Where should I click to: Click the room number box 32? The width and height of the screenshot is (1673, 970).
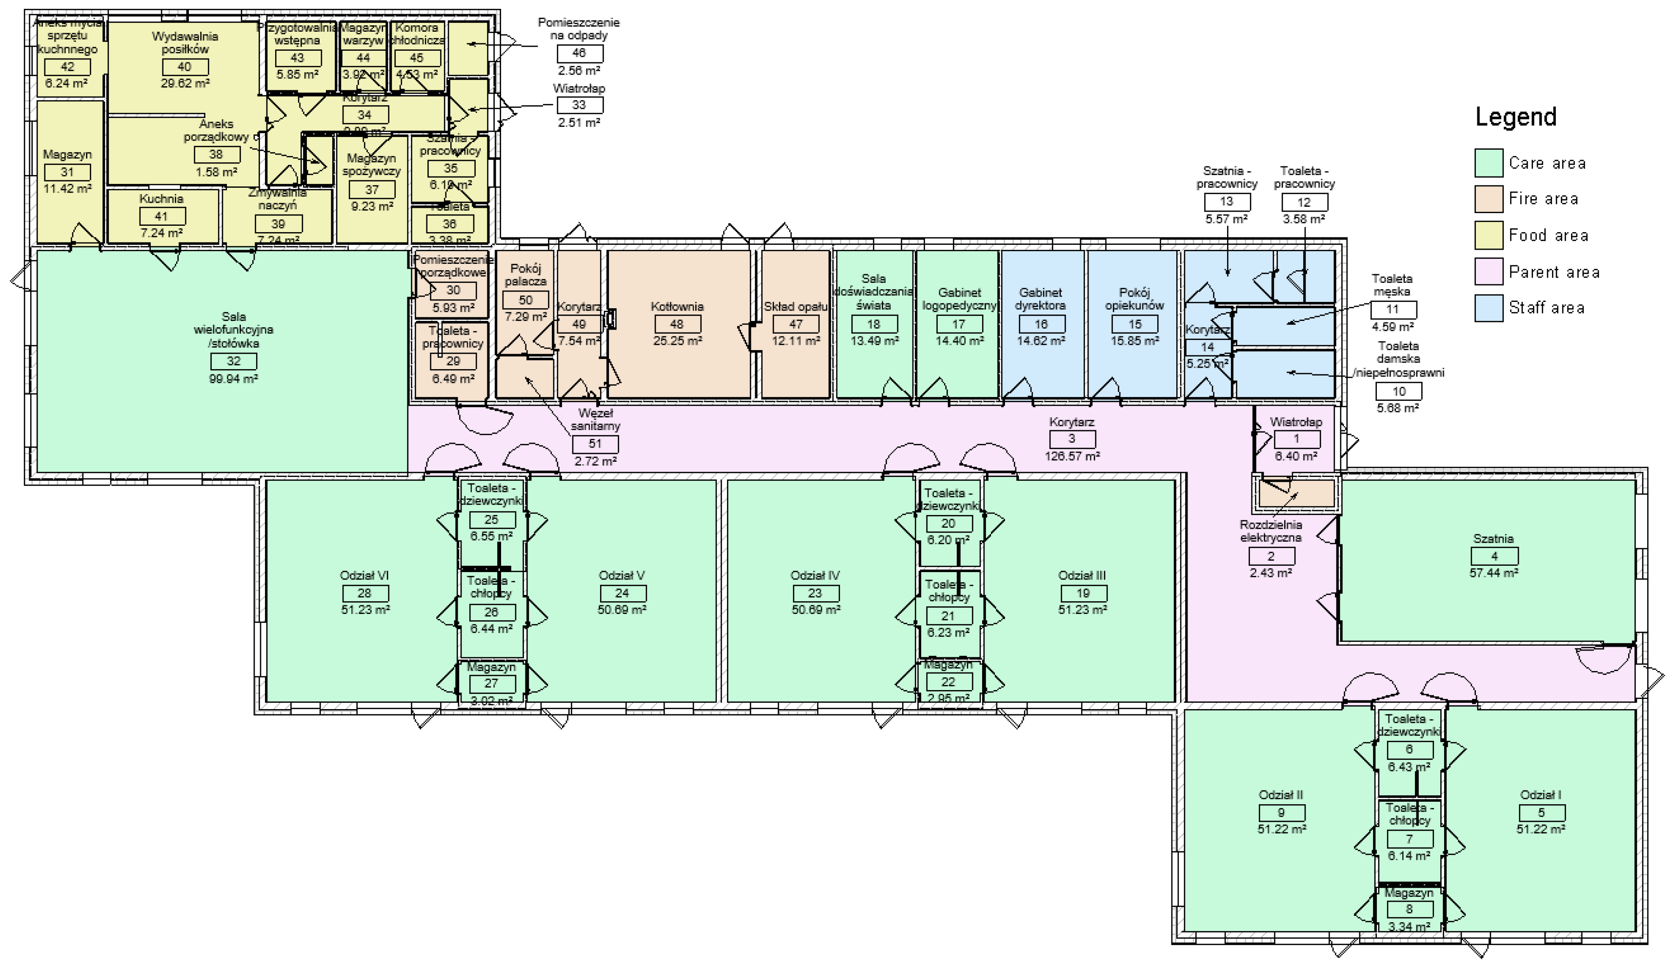tap(234, 361)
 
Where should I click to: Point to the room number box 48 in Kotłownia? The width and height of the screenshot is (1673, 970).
tap(677, 324)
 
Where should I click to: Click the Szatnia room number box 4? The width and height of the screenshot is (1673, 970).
tap(1494, 556)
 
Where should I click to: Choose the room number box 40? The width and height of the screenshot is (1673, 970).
tap(185, 67)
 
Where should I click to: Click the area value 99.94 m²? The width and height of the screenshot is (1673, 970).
tap(234, 379)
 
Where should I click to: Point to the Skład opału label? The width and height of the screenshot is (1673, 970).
tap(795, 307)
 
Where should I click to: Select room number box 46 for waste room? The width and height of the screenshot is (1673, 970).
tap(579, 54)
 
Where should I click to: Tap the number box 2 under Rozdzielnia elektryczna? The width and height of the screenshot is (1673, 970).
tap(1271, 556)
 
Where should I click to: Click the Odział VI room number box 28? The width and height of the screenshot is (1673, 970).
tap(364, 593)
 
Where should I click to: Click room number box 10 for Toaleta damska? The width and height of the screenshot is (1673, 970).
tap(1399, 392)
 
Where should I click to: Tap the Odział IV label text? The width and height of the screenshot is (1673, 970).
tap(815, 576)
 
